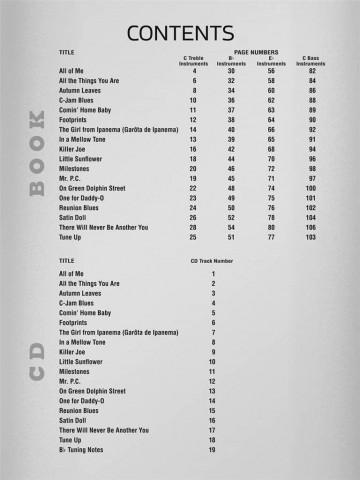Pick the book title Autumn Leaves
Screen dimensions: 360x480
coord(82,91)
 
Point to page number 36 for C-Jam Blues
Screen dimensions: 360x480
coord(231,101)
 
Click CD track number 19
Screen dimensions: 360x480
coord(212,449)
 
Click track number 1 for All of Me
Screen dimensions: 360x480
coord(212,273)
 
